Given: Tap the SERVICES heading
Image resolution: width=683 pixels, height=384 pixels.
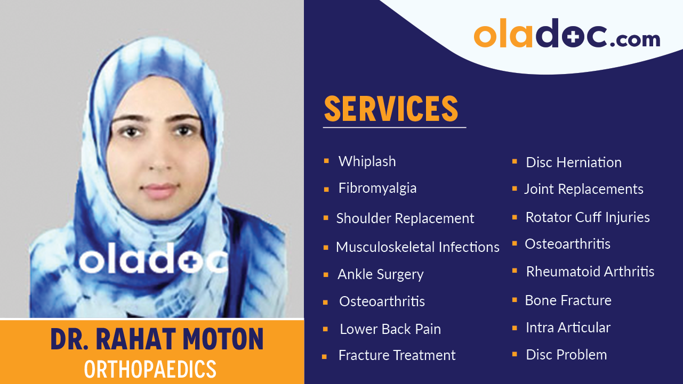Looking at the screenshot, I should [x=391, y=109].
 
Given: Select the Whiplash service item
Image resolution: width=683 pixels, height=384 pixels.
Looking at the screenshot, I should [x=367, y=161].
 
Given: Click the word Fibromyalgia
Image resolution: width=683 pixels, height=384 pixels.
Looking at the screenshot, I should [x=377, y=189].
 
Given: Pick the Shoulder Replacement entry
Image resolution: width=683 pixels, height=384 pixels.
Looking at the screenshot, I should [x=405, y=218].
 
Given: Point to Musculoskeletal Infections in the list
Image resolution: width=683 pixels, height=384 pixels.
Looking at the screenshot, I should [x=417, y=247].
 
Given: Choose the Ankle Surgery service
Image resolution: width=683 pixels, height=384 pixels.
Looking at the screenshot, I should [x=380, y=274].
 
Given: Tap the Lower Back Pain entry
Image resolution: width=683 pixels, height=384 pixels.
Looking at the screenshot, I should [x=390, y=329].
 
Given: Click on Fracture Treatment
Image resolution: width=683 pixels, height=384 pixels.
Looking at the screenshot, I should [x=397, y=355].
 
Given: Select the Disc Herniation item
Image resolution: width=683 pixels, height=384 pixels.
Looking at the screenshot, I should [x=573, y=162].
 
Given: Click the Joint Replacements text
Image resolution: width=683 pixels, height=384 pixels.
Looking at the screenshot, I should [x=583, y=189].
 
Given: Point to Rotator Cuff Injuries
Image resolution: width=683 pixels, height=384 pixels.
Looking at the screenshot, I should [x=587, y=217].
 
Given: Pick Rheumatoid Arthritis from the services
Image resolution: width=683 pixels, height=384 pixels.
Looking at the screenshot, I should [x=590, y=272].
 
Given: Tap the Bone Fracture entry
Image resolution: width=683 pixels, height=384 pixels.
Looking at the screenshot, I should [x=568, y=300].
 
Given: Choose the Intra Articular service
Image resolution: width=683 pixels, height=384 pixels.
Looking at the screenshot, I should [x=568, y=328].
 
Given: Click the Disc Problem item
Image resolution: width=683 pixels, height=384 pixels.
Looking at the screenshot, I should [x=566, y=355].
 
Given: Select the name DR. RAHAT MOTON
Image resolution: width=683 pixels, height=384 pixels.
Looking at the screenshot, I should [x=157, y=339].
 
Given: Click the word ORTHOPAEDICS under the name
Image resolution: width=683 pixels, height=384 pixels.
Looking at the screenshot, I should [x=150, y=369].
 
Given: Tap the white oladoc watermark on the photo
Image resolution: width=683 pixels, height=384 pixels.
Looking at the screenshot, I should [x=154, y=261].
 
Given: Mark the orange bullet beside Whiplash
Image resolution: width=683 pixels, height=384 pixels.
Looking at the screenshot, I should [x=326, y=160].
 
